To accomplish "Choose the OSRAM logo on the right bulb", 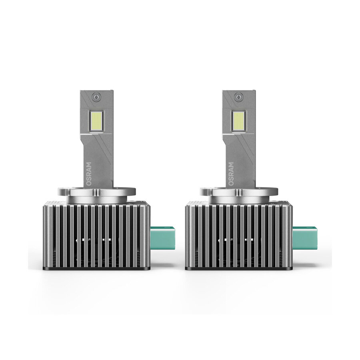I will click(231, 174).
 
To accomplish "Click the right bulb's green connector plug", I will click(305, 238).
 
